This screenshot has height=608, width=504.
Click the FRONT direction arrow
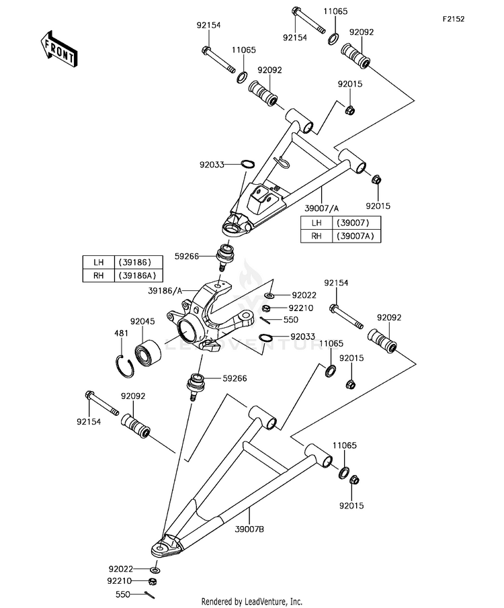[x=59, y=48]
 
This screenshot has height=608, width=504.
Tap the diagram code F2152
[x=454, y=19]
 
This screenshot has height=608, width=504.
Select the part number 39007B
[x=250, y=529]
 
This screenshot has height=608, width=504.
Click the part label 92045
[x=142, y=321]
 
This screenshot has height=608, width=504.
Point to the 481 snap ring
[x=125, y=366]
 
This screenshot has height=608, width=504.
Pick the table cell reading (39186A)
[x=138, y=275]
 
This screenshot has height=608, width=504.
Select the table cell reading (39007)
[x=356, y=223]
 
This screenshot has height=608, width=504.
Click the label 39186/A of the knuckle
[x=165, y=290]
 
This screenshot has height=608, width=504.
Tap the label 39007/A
[x=322, y=208]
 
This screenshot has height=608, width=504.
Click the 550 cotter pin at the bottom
[x=149, y=594]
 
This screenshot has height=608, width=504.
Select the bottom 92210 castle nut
[x=153, y=581]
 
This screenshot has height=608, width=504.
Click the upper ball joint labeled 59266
[x=224, y=256]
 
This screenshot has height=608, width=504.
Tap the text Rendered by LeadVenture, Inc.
[x=252, y=602]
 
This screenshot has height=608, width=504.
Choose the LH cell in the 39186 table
[x=99, y=262]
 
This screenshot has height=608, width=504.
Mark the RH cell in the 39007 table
[x=317, y=236]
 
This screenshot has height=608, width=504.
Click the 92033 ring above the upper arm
[x=247, y=164]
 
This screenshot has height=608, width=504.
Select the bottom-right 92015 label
[x=351, y=506]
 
